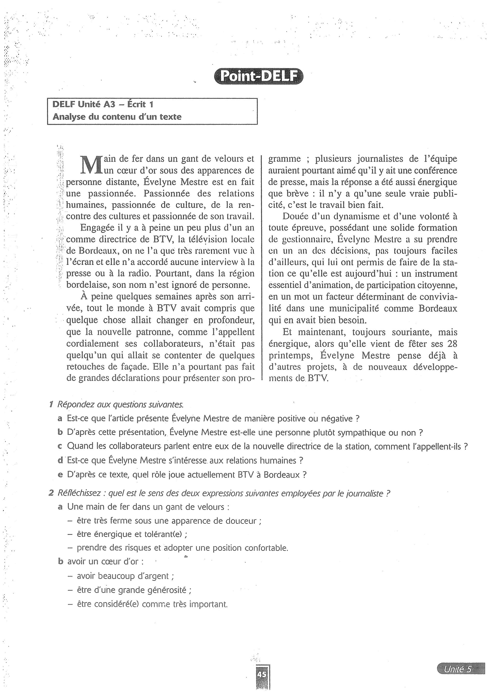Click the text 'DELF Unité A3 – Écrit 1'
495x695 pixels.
click(103, 104)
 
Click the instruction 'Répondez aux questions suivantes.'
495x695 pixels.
click(120, 405)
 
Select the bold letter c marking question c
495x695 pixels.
click(60, 447)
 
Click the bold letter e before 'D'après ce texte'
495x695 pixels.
click(60, 474)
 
